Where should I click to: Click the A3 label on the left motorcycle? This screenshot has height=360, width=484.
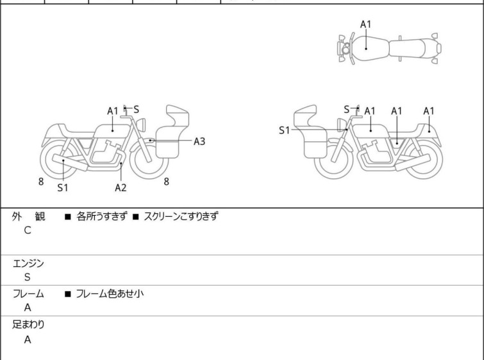click(199, 141)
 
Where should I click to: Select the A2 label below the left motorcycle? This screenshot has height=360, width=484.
click(121, 187)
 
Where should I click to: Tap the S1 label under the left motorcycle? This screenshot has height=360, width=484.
click(63, 187)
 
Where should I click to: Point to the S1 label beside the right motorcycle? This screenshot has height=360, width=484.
click(284, 130)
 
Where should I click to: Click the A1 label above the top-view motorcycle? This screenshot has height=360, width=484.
click(365, 24)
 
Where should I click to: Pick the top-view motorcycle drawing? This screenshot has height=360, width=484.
click(388, 47)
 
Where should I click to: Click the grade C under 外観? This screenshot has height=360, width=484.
click(27, 230)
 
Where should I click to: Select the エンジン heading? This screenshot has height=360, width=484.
click(29, 263)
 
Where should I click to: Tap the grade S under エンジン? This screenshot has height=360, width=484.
click(27, 277)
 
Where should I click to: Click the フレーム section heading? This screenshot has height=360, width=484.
click(29, 294)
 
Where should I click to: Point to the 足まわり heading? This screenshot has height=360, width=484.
click(29, 325)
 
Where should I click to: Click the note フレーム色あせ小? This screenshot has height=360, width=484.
click(110, 294)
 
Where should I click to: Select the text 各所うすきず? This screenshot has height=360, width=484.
click(101, 216)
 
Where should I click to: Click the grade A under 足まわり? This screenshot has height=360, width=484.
click(27, 339)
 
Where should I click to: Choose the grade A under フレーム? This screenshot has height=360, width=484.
click(27, 308)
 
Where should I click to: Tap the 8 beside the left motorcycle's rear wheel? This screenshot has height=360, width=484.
click(41, 182)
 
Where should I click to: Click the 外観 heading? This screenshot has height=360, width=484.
click(29, 216)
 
